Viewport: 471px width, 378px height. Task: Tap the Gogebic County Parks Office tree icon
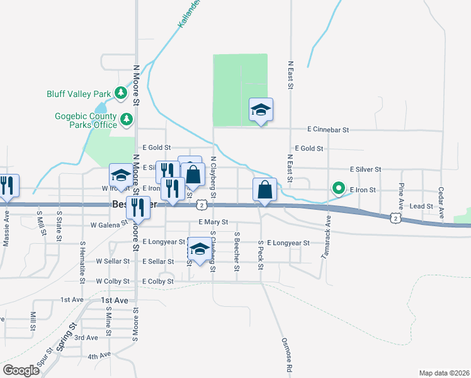(127, 118)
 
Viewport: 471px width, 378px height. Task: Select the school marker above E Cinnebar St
(261, 111)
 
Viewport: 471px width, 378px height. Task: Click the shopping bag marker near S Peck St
(265, 190)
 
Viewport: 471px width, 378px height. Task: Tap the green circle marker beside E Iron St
(339, 188)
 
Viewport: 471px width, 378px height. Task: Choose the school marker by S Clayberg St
(200, 251)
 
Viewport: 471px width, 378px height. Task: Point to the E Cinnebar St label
(328, 130)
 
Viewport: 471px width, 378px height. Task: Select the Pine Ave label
(400, 196)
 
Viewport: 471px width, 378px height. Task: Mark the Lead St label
(421, 206)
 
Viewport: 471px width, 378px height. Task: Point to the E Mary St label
(212, 222)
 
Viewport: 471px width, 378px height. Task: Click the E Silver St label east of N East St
(366, 169)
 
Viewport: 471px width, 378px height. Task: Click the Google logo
(21, 370)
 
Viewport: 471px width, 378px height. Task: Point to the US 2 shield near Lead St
(394, 217)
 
